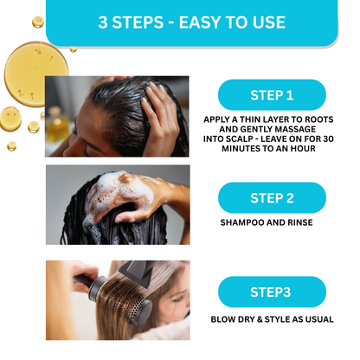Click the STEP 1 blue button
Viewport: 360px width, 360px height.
click(272, 95)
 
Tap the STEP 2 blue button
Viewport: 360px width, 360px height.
click(272, 198)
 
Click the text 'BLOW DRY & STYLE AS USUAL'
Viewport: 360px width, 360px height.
click(272, 319)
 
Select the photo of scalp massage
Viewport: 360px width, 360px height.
click(116, 117)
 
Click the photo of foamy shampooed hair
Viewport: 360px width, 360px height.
click(116, 205)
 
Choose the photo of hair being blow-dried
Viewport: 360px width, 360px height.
click(116, 300)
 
